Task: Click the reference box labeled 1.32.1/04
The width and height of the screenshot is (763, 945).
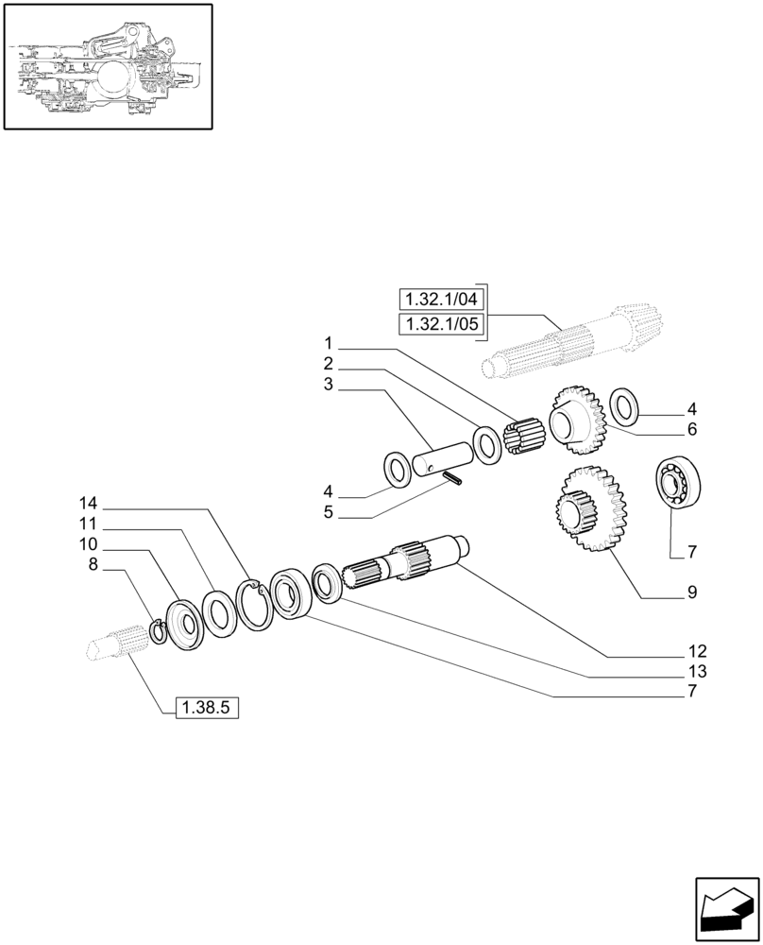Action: point(441,300)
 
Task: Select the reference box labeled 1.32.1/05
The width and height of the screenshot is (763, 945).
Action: point(441,326)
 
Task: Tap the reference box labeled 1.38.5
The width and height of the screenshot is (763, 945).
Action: point(208,705)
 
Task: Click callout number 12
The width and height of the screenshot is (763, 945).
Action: point(697,651)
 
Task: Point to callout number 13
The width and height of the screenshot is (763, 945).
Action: point(697,672)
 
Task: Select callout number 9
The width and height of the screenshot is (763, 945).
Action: point(692,593)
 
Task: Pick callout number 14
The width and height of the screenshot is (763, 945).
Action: point(88,503)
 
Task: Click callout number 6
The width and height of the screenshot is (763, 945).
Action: point(692,429)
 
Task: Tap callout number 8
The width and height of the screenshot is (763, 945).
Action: point(93,565)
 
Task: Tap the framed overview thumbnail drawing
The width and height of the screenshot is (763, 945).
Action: point(108,67)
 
